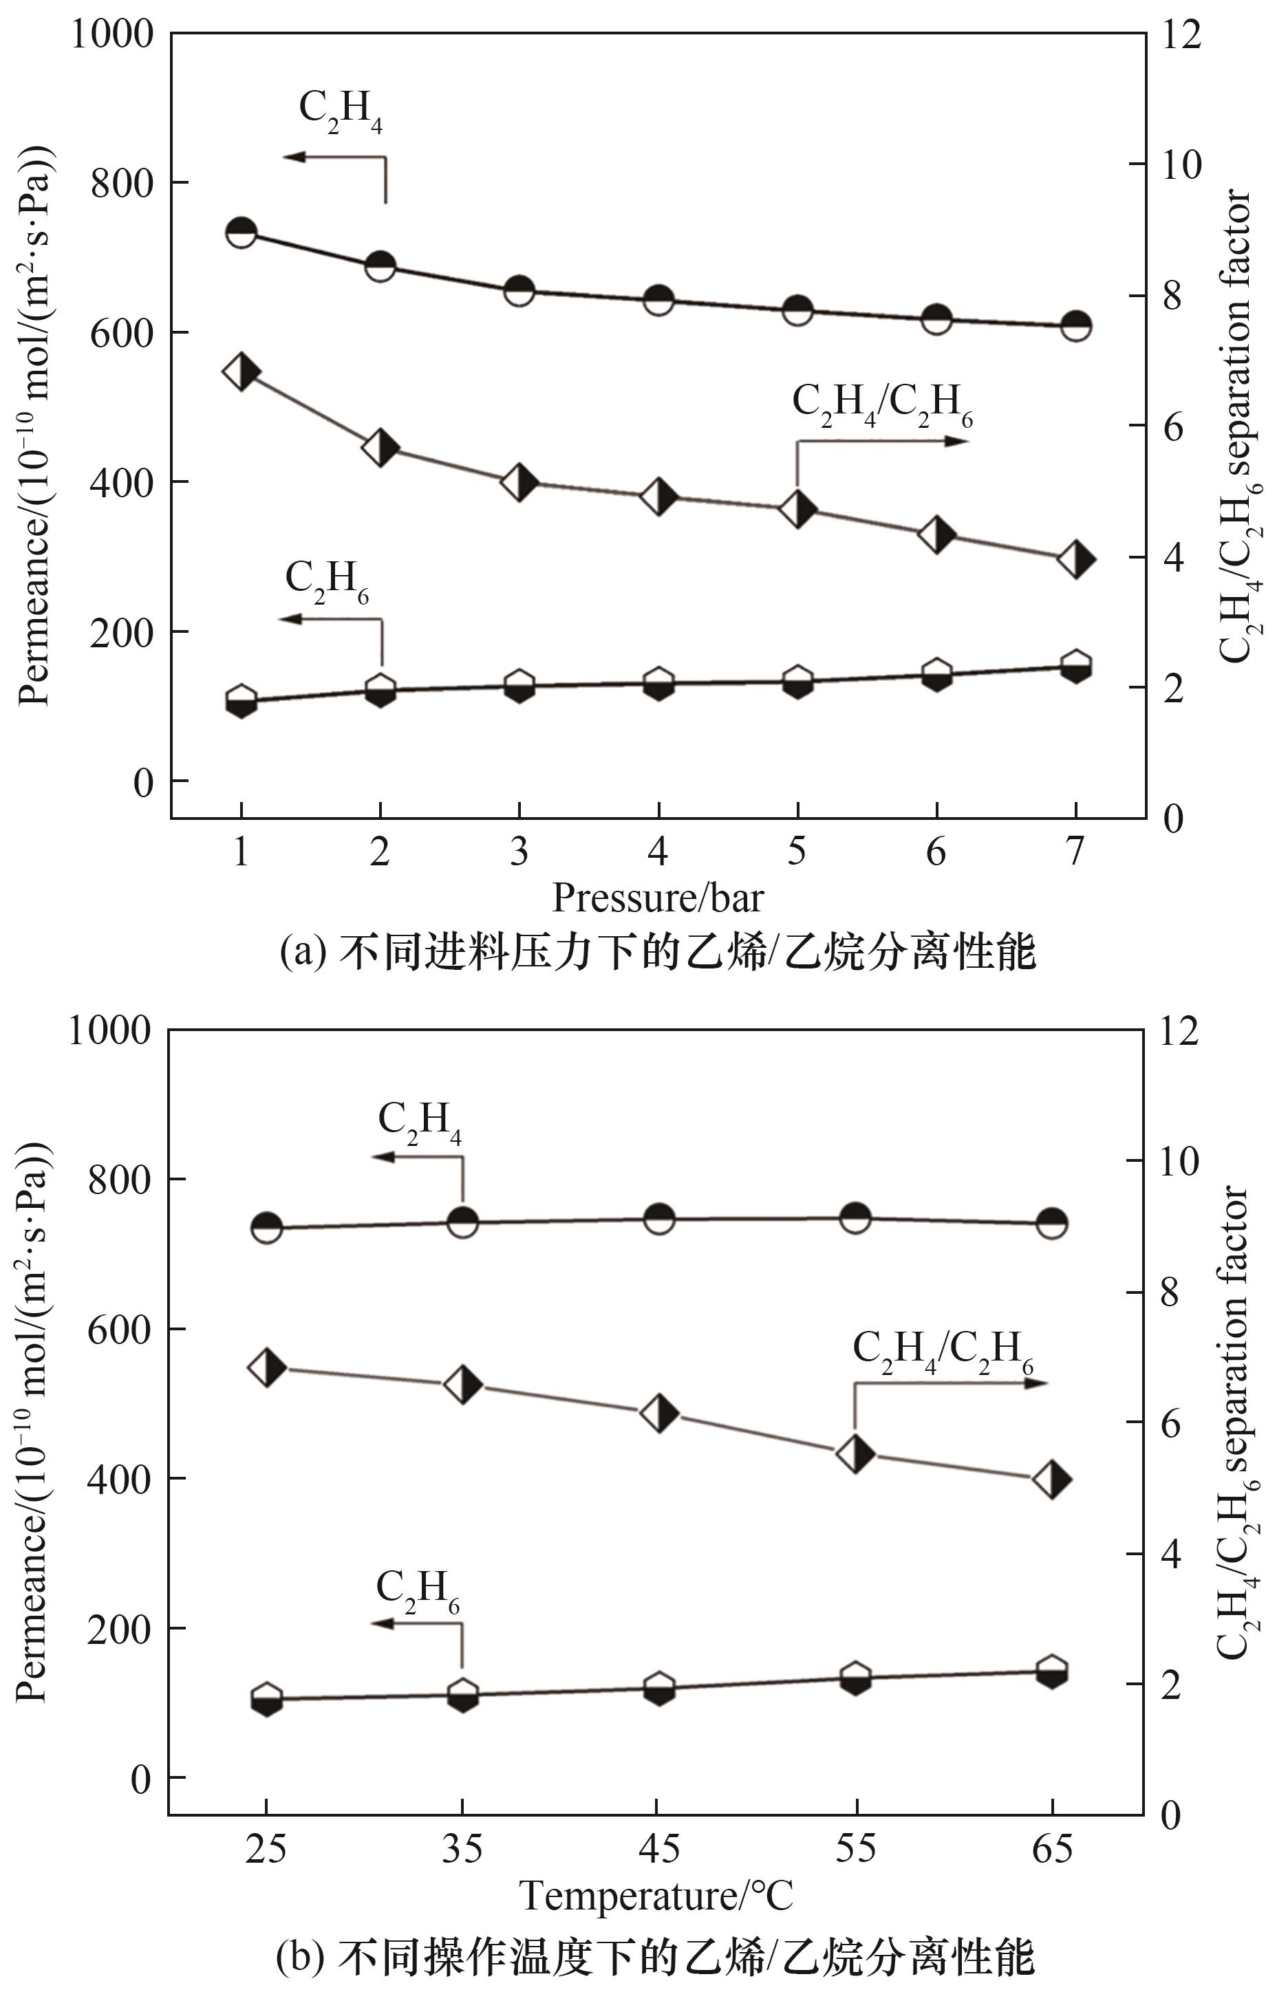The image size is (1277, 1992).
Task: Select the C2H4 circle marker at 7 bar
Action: pos(1075,325)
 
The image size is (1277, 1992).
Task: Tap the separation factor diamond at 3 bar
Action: pos(519,482)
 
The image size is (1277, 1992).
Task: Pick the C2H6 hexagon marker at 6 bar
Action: pos(936,675)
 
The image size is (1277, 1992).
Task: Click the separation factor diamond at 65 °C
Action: pos(1052,1479)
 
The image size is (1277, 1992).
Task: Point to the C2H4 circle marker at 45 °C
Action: pos(658,1220)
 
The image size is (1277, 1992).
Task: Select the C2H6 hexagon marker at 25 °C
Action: pos(266,1698)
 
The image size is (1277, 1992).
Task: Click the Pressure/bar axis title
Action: pos(657,898)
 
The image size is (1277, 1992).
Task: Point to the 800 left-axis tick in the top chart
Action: pos(122,182)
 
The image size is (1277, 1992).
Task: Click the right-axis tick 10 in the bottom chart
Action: pos(1179,1161)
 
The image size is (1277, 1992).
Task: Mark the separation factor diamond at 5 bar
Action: pos(797,509)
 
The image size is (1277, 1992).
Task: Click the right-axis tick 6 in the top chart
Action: pos(1172,426)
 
